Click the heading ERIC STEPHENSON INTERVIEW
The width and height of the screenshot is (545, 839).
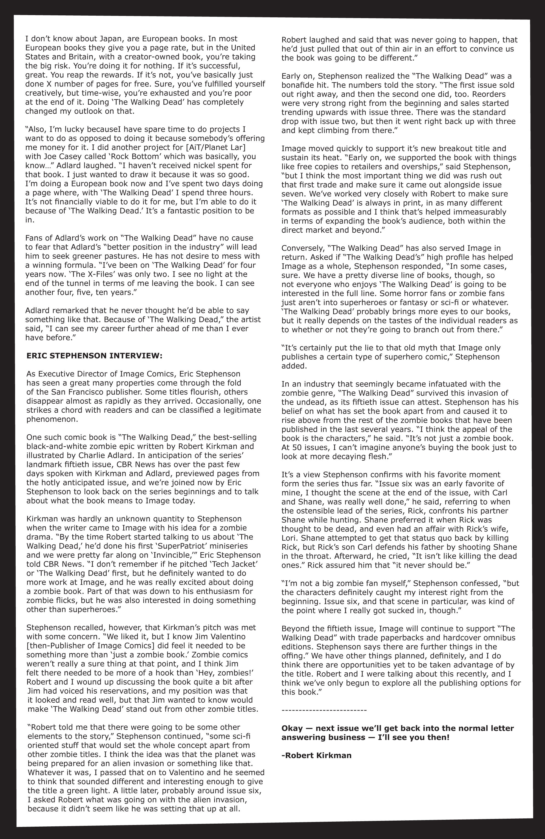pos(94,356)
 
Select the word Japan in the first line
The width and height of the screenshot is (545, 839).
pos(100,39)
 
